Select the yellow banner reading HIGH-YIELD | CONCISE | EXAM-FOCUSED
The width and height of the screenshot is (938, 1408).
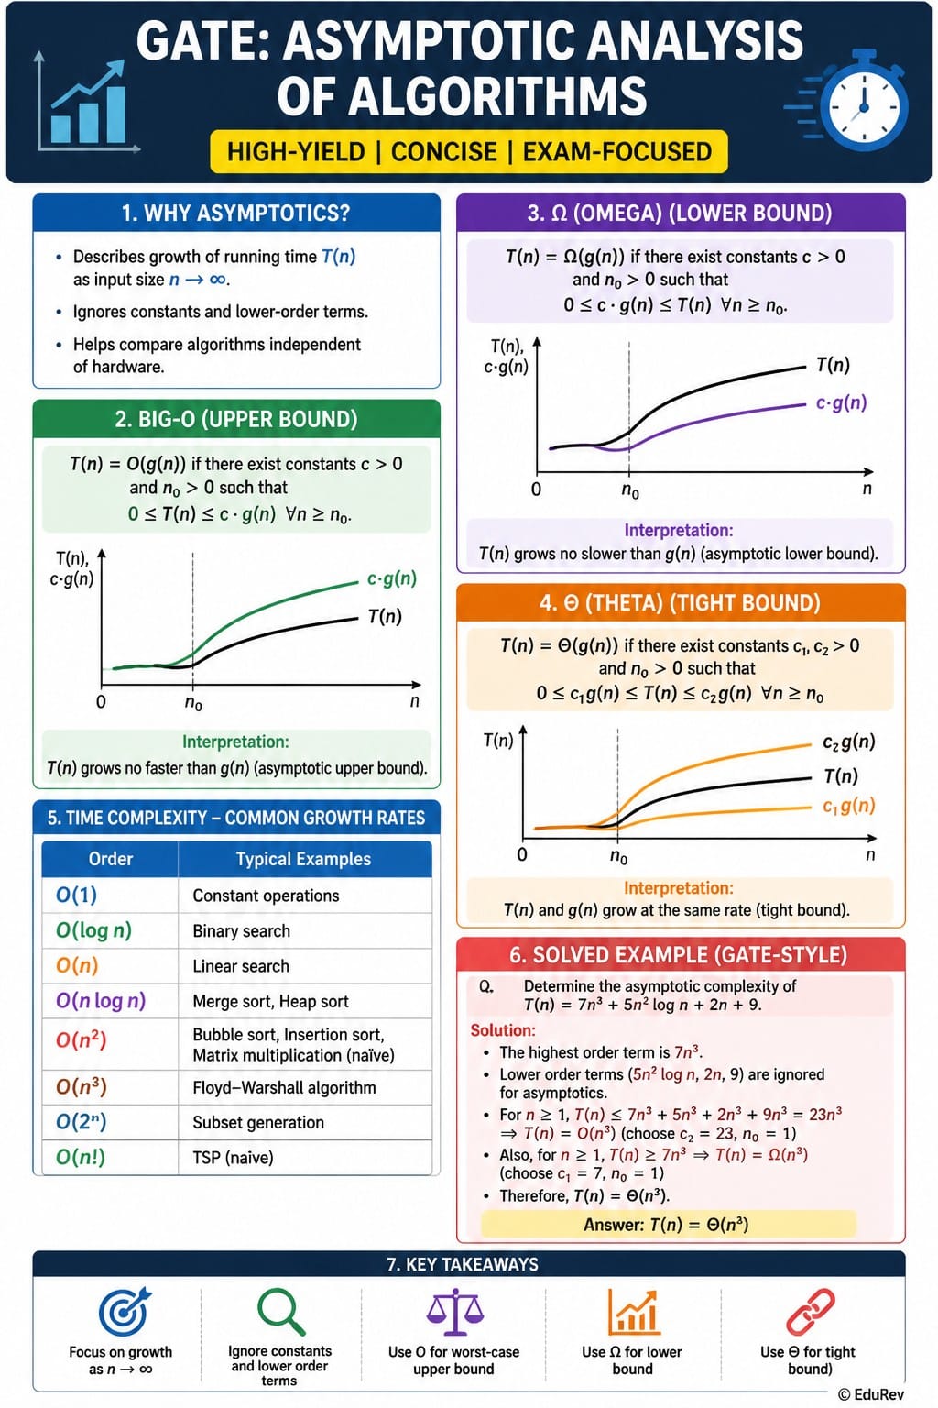[469, 151]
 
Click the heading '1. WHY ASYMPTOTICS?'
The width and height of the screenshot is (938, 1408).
[235, 213]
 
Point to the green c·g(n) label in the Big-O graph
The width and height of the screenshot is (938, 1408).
[391, 578]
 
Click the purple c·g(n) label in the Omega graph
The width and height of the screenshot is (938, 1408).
[841, 402]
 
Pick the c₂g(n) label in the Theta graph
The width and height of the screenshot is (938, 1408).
[849, 742]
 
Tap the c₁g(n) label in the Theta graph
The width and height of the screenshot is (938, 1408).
[849, 806]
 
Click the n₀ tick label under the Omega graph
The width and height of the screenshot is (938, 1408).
[630, 490]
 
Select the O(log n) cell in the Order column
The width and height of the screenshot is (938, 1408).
[93, 930]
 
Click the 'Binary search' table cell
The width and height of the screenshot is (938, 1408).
[241, 931]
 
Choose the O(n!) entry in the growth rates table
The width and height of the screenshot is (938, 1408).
[81, 1157]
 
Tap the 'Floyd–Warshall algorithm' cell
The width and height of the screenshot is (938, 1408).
[284, 1087]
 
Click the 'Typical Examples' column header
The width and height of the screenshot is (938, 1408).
[303, 859]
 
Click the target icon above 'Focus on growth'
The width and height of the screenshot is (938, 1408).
[125, 1311]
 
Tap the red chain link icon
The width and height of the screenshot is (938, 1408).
[811, 1311]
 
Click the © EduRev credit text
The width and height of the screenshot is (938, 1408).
[871, 1394]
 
